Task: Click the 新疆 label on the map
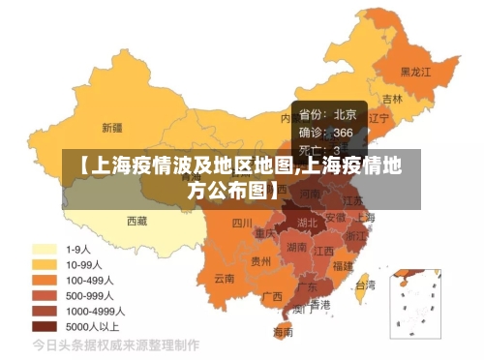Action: tap(112, 127)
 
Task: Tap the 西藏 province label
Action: tap(136, 221)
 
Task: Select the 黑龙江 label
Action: tap(416, 72)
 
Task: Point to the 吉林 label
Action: tap(392, 99)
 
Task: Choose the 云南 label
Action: tap(225, 278)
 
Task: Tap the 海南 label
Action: tap(283, 332)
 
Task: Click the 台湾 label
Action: tap(365, 285)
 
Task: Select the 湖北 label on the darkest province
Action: tap(308, 223)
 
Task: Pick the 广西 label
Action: tap(272, 296)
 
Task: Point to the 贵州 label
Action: tap(261, 260)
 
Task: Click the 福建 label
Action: tap(343, 265)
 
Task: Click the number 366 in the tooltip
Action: tap(344, 133)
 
